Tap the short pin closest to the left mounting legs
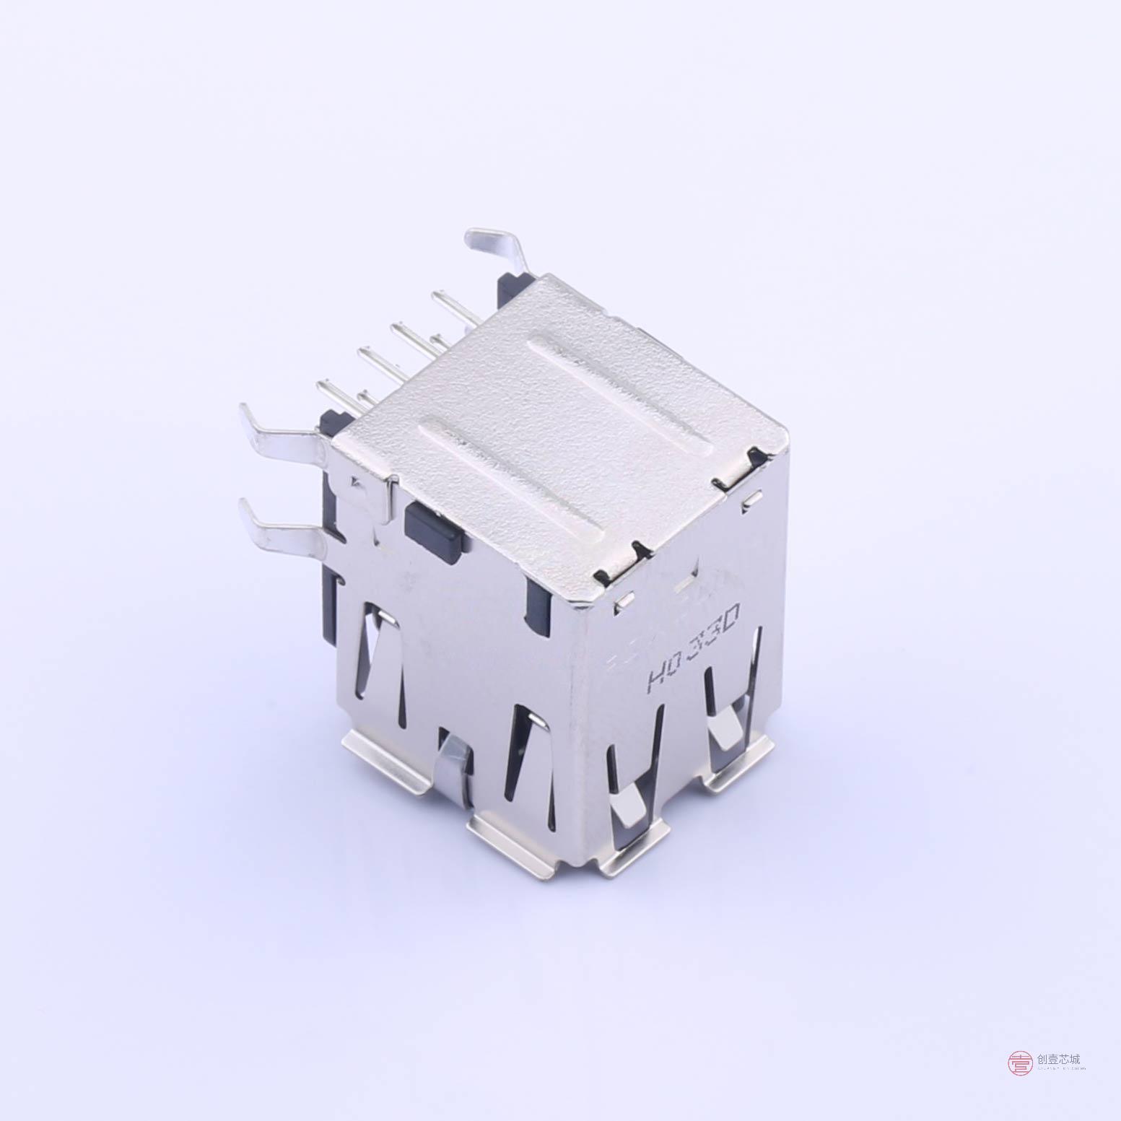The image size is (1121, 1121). click(x=365, y=398)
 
